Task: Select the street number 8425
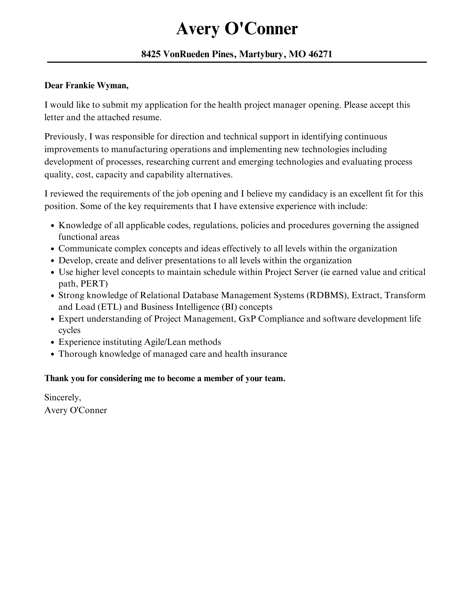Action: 151,54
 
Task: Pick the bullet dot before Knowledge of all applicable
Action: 53,226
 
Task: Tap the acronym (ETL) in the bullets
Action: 109,307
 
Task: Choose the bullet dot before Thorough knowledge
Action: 53,354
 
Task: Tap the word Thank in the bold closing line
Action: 56,379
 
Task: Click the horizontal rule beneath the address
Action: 237,62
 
